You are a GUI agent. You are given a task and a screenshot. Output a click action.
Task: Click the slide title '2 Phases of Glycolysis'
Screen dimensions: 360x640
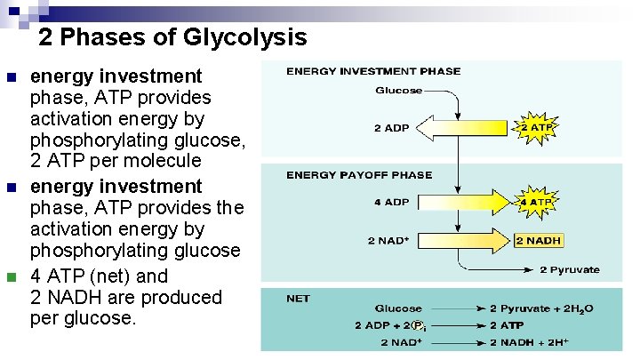pos(172,37)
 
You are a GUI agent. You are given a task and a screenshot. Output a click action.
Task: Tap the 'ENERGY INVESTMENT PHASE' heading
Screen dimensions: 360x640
pos(372,71)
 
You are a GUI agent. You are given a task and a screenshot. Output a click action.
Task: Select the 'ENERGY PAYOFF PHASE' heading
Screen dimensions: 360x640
pos(358,175)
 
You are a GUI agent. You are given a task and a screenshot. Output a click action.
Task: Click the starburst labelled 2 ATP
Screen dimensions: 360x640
pos(536,128)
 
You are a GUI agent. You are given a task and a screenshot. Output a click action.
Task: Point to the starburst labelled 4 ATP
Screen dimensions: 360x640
pos(536,203)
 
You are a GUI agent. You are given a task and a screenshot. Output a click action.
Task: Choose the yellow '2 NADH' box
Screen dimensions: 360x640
pos(539,240)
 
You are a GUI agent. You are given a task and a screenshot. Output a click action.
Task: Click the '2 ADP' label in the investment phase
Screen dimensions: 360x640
pos(391,128)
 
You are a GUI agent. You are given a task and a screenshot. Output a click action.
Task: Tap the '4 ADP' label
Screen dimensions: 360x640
pos(391,202)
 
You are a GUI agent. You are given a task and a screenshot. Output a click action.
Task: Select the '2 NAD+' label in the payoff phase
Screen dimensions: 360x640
pos(389,240)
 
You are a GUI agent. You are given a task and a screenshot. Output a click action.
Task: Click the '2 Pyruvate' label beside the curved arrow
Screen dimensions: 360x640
pos(570,270)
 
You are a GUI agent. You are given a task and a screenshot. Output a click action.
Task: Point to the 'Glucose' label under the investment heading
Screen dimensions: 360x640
pos(399,91)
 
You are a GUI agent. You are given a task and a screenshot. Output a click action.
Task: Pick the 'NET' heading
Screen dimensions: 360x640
pos(298,299)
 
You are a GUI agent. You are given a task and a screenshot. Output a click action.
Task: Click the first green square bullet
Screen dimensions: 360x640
pos(12,77)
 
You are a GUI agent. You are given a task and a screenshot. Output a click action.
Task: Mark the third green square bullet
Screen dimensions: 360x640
pos(12,276)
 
